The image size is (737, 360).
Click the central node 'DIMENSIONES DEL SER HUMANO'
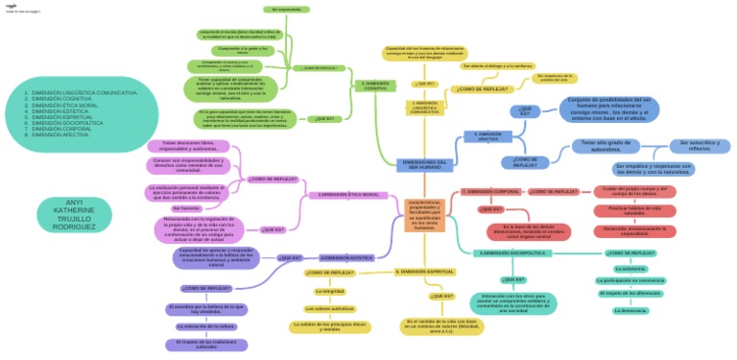[423, 164]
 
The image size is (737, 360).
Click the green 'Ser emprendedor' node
[285, 10]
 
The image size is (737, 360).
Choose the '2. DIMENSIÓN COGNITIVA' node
[376, 84]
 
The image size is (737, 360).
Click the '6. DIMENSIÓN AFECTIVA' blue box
[487, 136]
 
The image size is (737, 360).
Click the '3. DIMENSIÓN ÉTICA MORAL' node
[349, 195]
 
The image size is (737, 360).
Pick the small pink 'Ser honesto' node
[188, 208]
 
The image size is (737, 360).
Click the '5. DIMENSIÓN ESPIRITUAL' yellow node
[422, 272]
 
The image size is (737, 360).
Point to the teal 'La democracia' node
[629, 311]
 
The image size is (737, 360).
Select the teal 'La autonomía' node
[629, 269]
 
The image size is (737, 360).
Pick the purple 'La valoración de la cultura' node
[205, 326]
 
